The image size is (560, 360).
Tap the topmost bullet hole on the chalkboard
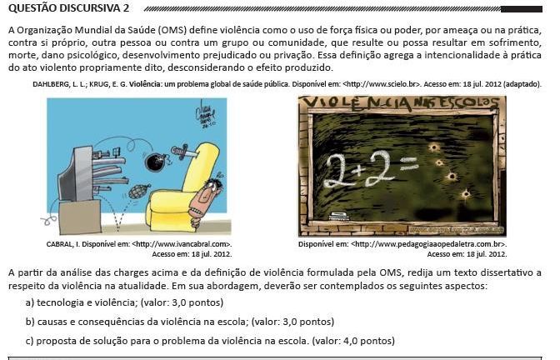(434, 145)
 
